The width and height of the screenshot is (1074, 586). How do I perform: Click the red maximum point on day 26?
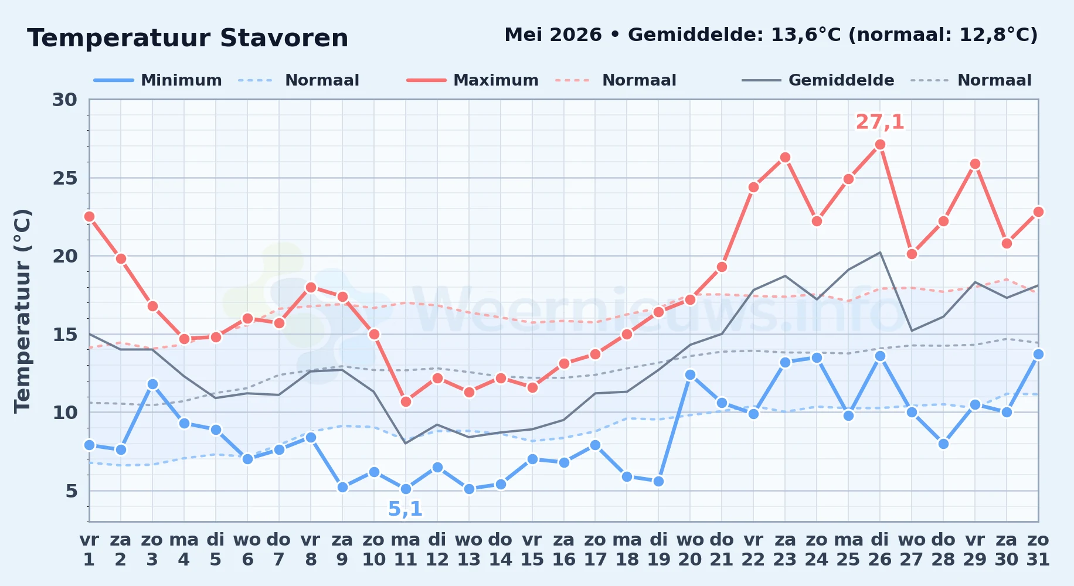tap(880, 145)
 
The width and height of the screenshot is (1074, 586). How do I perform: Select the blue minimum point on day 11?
tap(406, 489)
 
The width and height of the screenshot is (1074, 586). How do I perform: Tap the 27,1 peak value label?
tap(880, 122)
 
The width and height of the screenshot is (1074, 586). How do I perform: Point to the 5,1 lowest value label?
tap(406, 509)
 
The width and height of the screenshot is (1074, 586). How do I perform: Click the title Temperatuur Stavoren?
tap(188, 38)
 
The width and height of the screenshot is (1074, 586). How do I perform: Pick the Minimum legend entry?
tap(158, 80)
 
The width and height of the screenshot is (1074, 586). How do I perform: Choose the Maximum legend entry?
tap(473, 80)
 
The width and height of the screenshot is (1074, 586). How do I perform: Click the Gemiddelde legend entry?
tap(818, 80)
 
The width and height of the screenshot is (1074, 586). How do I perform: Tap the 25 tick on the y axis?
tap(65, 178)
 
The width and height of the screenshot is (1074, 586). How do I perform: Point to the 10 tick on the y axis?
tap(65, 413)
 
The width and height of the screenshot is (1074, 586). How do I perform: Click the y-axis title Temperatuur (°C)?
tap(22, 311)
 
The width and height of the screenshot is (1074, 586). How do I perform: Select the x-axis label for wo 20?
tap(690, 550)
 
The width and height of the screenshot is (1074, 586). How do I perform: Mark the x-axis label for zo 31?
tap(1038, 550)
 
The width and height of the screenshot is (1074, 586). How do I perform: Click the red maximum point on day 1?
tap(90, 217)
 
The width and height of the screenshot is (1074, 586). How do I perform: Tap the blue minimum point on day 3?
tap(152, 384)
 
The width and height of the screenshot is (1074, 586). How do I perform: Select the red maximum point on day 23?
tap(785, 158)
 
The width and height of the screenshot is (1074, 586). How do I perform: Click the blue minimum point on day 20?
tap(690, 375)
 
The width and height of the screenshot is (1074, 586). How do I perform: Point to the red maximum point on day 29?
tap(975, 164)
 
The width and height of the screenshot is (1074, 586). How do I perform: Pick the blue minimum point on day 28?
tap(943, 444)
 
